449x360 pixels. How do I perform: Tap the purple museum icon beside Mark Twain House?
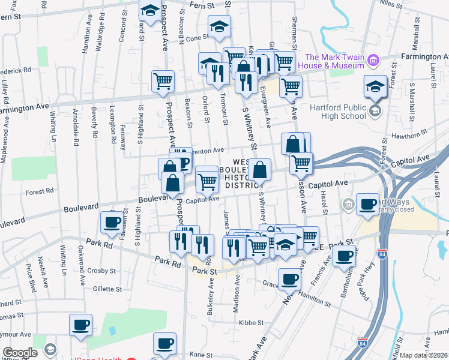tap(374, 60)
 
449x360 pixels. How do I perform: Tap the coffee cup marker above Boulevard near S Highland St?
tap(111, 223)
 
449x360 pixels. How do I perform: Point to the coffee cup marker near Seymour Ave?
tap(80, 326)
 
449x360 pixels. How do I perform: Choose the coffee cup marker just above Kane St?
tap(164, 344)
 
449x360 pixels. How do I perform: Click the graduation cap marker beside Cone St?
tap(220, 26)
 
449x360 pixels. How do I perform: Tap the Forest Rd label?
tap(40, 193)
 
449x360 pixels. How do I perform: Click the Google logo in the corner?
tap(20, 353)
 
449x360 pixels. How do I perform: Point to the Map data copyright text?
tap(424, 355)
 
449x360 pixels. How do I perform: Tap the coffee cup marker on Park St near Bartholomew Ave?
tap(344, 256)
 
